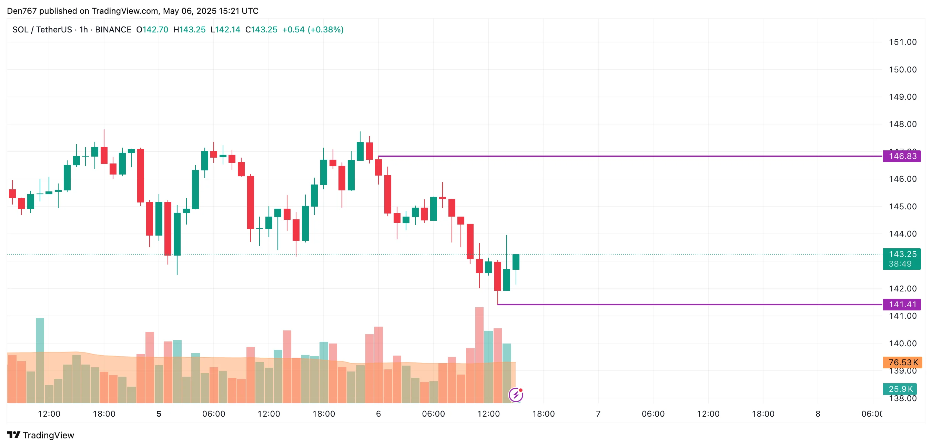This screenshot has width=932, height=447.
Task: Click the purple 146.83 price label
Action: [902, 156]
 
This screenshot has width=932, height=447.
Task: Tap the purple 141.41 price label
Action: [902, 305]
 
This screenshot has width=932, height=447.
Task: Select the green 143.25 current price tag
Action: [902, 255]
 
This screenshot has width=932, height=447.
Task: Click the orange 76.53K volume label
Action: [902, 362]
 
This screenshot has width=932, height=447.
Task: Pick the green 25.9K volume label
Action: [900, 389]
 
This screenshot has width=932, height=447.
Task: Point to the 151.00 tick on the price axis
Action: [903, 42]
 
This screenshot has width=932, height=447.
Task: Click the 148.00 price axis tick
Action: [903, 124]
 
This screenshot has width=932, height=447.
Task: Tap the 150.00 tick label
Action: [903, 69]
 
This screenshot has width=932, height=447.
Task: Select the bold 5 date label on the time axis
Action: [159, 414]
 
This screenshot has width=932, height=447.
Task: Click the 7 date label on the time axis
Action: [598, 414]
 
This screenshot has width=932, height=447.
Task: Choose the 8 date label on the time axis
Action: [818, 414]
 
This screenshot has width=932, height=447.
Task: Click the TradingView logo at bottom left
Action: [41, 435]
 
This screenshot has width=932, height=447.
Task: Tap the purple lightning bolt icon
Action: [516, 395]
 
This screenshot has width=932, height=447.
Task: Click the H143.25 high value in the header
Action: [189, 30]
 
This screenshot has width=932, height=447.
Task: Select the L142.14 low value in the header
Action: [225, 30]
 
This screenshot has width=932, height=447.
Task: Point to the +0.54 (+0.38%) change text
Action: [313, 30]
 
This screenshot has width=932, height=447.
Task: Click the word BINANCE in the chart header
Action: [113, 30]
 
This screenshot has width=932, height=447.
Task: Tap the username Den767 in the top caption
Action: [22, 11]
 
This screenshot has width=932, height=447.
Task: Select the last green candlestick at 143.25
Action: [516, 262]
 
